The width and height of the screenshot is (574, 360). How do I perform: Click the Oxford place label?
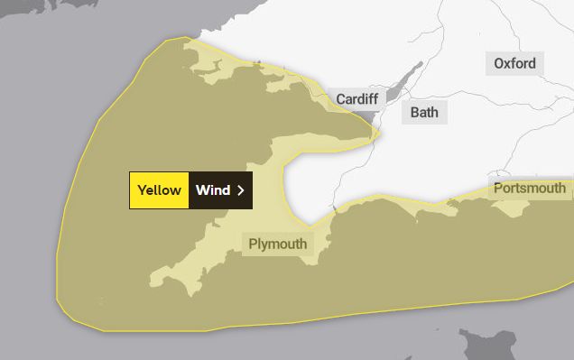[514, 63]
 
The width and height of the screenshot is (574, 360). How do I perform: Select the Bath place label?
[424, 113]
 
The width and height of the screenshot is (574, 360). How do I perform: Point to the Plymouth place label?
[278, 244]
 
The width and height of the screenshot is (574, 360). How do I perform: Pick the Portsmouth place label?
[530, 189]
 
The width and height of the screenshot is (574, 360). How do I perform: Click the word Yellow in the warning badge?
[159, 190]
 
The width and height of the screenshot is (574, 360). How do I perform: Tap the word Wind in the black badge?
[213, 190]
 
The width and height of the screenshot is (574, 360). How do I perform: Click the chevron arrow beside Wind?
[240, 190]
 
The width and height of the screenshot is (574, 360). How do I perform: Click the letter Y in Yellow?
[142, 190]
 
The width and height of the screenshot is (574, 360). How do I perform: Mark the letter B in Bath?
[414, 113]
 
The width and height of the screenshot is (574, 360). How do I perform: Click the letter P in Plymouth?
[254, 244]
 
